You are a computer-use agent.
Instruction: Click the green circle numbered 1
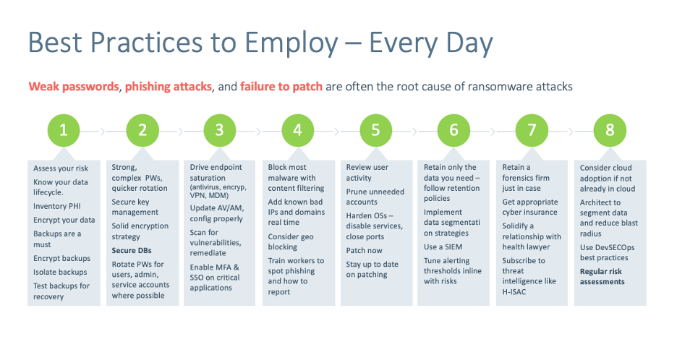click(x=64, y=130)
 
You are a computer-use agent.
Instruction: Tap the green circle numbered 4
click(x=297, y=130)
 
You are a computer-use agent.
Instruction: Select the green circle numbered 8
click(x=610, y=130)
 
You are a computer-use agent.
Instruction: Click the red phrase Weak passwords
click(x=73, y=86)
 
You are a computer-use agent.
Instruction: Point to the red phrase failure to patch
click(x=281, y=86)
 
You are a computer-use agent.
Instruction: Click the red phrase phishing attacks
click(x=169, y=86)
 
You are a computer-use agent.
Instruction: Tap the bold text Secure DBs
click(x=132, y=250)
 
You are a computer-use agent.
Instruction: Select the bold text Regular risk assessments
click(x=602, y=276)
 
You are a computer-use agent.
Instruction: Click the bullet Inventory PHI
click(x=57, y=206)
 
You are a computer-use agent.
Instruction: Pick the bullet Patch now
click(x=364, y=250)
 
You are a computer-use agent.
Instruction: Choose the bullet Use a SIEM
click(x=443, y=247)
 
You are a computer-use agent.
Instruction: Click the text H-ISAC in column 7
click(x=514, y=292)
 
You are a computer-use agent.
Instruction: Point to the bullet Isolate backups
click(x=60, y=272)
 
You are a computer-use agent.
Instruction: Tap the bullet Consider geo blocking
click(x=291, y=241)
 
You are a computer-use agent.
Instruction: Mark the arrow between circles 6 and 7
click(x=493, y=131)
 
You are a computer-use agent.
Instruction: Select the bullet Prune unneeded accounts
click(x=375, y=197)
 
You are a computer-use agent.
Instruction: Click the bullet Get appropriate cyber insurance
click(x=529, y=207)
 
